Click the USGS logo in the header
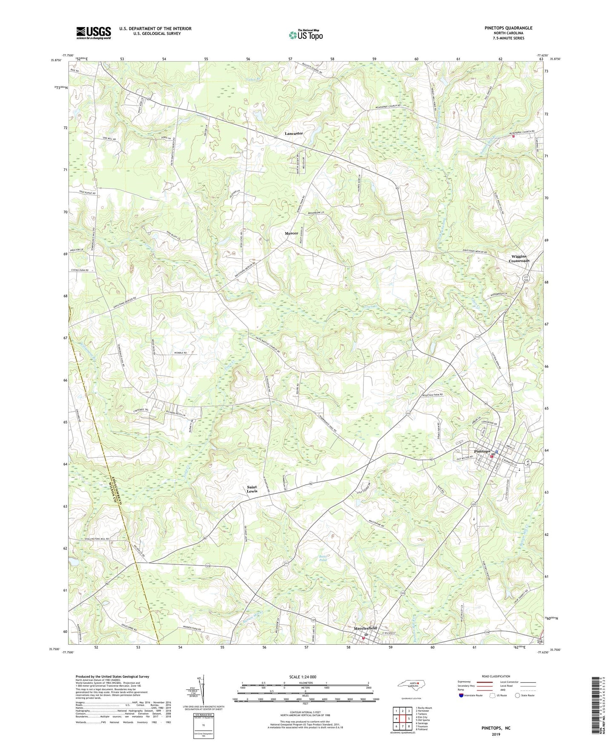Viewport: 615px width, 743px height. [x=94, y=33]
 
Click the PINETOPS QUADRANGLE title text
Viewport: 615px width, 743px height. [x=508, y=28]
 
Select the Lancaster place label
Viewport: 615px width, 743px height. [x=294, y=134]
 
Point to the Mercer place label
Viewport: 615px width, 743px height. [x=291, y=234]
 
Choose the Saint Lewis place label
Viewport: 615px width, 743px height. [x=252, y=489]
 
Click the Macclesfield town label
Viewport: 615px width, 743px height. [x=365, y=628]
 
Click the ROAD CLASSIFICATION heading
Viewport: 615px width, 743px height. [x=496, y=676]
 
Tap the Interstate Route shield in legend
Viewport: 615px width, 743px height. [x=461, y=695]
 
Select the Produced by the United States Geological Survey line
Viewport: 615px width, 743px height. [x=112, y=676]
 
